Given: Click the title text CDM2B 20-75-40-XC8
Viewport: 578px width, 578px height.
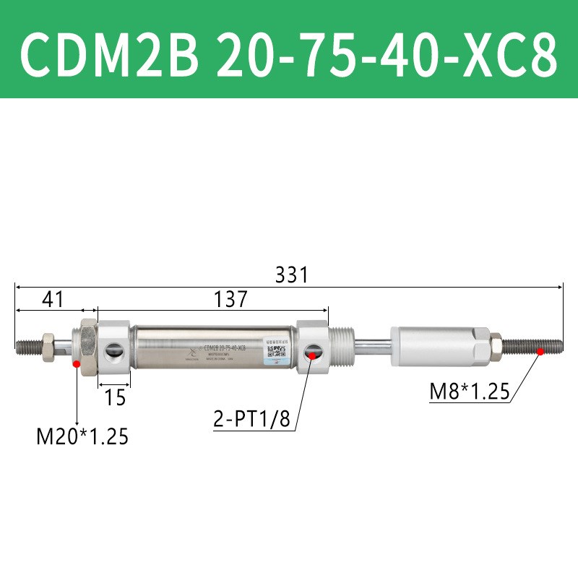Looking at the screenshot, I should click(x=289, y=49).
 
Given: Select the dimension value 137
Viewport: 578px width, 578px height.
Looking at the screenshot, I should click(x=230, y=298).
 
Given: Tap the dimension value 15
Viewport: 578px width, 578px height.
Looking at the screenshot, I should click(x=115, y=397).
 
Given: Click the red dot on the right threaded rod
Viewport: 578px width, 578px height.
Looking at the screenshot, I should click(x=540, y=352).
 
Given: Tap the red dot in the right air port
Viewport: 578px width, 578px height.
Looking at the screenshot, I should click(x=311, y=353).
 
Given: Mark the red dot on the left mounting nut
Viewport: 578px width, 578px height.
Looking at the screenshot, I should click(x=77, y=364).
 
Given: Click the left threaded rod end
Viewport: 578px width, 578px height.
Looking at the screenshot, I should click(x=29, y=347).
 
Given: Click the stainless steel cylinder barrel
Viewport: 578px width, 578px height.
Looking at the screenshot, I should click(x=213, y=345).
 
